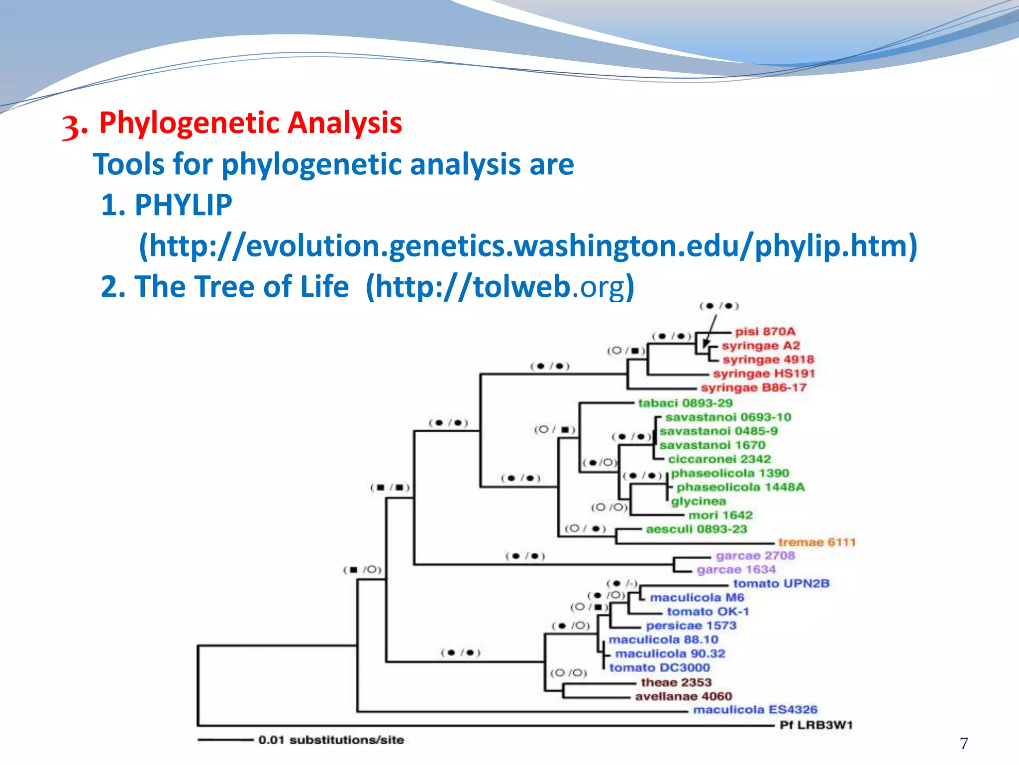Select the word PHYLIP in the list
tap(183, 205)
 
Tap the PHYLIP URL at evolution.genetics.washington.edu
tap(527, 246)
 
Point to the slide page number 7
tap(964, 743)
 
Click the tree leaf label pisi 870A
tap(765, 332)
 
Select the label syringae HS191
tap(764, 374)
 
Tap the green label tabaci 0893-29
tap(685, 403)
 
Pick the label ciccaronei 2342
tap(719, 459)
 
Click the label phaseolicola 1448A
tap(740, 487)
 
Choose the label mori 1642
tap(720, 515)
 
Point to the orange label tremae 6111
tap(816, 542)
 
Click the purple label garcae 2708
tap(755, 556)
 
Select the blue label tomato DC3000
tap(659, 668)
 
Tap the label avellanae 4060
tap(683, 696)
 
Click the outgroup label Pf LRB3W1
tap(816, 725)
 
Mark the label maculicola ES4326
tap(755, 710)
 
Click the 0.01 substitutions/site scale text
tap(331, 740)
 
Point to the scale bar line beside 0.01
tap(225, 740)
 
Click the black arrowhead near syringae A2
tap(706, 344)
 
